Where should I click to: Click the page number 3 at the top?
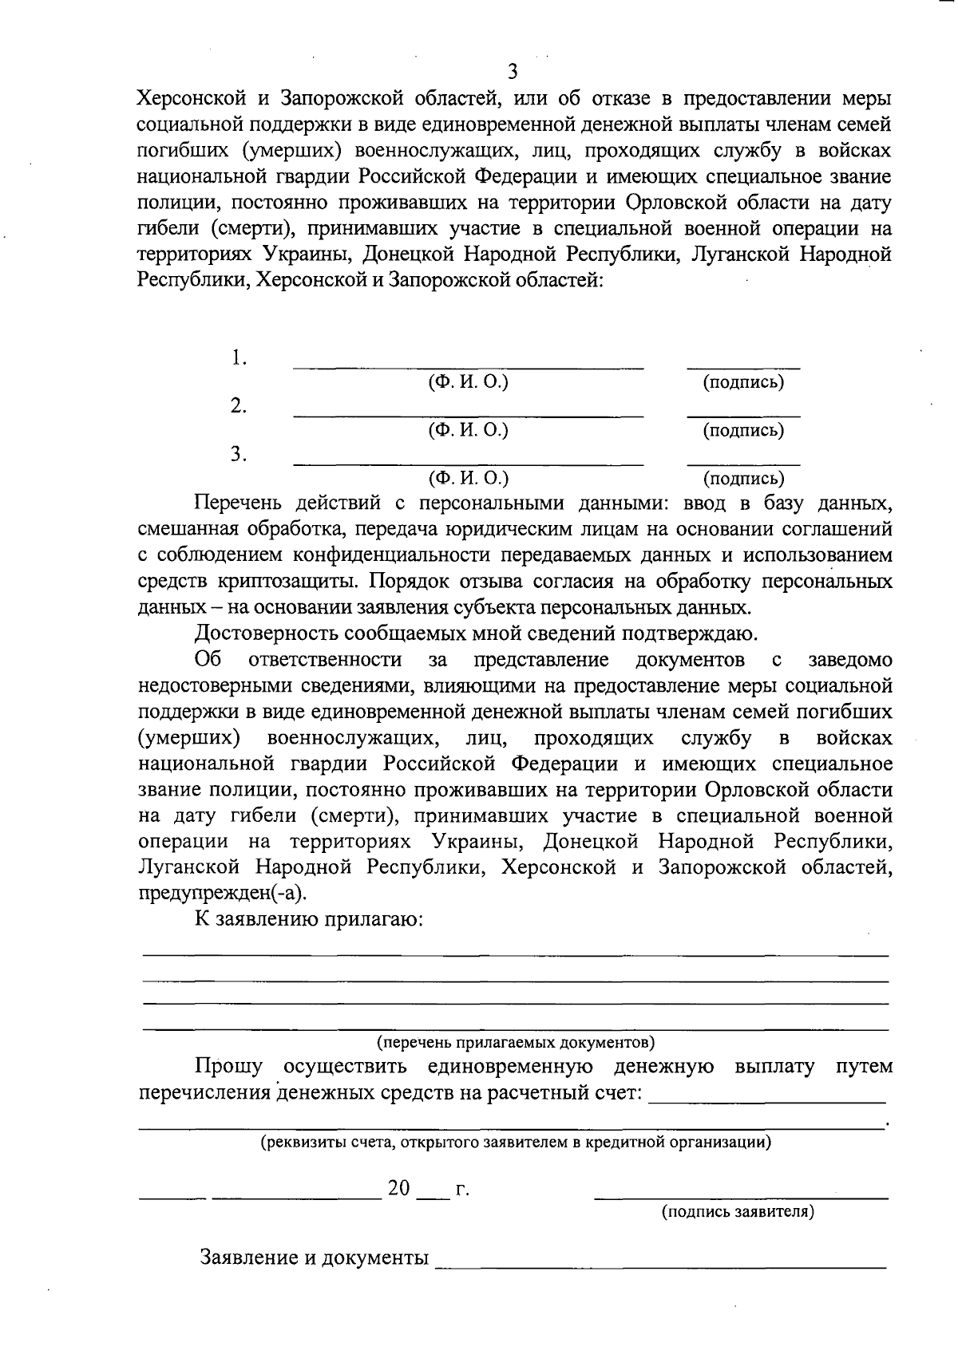point(513,73)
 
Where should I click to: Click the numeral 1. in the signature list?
point(239,357)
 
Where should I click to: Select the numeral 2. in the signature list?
point(239,405)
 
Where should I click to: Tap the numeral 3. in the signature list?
point(239,454)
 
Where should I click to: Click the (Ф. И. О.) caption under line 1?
point(469,382)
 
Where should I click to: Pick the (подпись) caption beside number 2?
point(743,431)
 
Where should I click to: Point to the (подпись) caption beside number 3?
point(743,479)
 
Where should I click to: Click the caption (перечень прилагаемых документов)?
point(516,1042)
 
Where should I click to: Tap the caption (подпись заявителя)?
point(738,1212)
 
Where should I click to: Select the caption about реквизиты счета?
point(516,1142)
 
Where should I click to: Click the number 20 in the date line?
point(399,1189)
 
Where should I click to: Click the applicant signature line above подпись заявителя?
point(742,1197)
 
